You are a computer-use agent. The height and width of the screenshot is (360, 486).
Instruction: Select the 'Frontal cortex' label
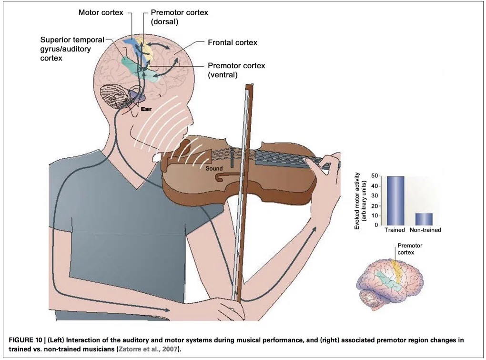click(233, 42)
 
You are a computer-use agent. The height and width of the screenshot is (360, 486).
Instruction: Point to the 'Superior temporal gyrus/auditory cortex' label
click(72, 49)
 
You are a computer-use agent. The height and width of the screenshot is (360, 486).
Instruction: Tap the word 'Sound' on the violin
click(214, 168)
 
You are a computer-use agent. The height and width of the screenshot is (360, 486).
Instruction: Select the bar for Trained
click(395, 200)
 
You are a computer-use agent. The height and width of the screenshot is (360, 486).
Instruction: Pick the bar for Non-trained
click(424, 218)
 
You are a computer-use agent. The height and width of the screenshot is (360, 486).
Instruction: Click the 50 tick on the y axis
click(376, 176)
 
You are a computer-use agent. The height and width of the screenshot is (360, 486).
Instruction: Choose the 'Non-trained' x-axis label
click(425, 230)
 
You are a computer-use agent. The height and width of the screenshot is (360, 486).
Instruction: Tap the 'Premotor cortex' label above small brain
click(410, 248)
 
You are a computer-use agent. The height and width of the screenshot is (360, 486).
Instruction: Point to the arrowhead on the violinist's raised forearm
click(314, 230)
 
